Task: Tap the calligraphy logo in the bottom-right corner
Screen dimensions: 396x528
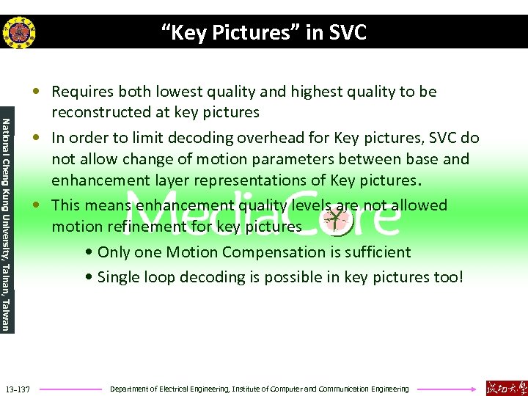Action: (506, 387)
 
